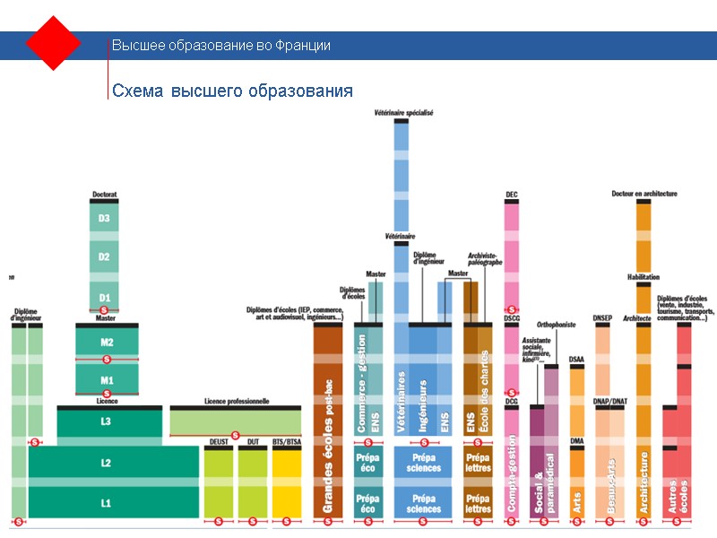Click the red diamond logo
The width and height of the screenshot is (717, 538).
tap(54, 43)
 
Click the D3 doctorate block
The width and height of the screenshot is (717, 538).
tap(105, 218)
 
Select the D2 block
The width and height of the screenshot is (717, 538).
tap(105, 256)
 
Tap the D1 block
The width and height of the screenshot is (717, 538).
tap(105, 297)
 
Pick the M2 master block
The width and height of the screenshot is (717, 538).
tap(107, 342)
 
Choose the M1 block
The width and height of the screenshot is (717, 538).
tap(107, 378)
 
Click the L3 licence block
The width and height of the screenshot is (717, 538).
tap(107, 421)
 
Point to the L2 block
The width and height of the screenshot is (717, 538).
tap(107, 463)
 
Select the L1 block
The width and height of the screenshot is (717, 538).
tap(107, 503)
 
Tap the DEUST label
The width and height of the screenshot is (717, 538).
tap(220, 442)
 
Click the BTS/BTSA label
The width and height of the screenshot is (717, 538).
tap(287, 442)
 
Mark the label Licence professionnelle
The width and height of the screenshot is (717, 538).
tap(236, 402)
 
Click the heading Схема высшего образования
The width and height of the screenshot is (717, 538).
tap(231, 91)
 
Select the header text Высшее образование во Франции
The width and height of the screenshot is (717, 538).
tap(220, 45)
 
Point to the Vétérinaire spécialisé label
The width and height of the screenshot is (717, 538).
tap(403, 113)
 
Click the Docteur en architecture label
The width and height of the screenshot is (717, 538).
tap(644, 194)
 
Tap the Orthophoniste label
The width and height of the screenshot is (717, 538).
tap(556, 325)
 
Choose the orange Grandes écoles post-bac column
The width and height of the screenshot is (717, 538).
tap(328, 421)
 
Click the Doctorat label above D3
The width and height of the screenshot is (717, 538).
tap(105, 195)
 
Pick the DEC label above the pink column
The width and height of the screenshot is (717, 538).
tap(512, 195)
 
